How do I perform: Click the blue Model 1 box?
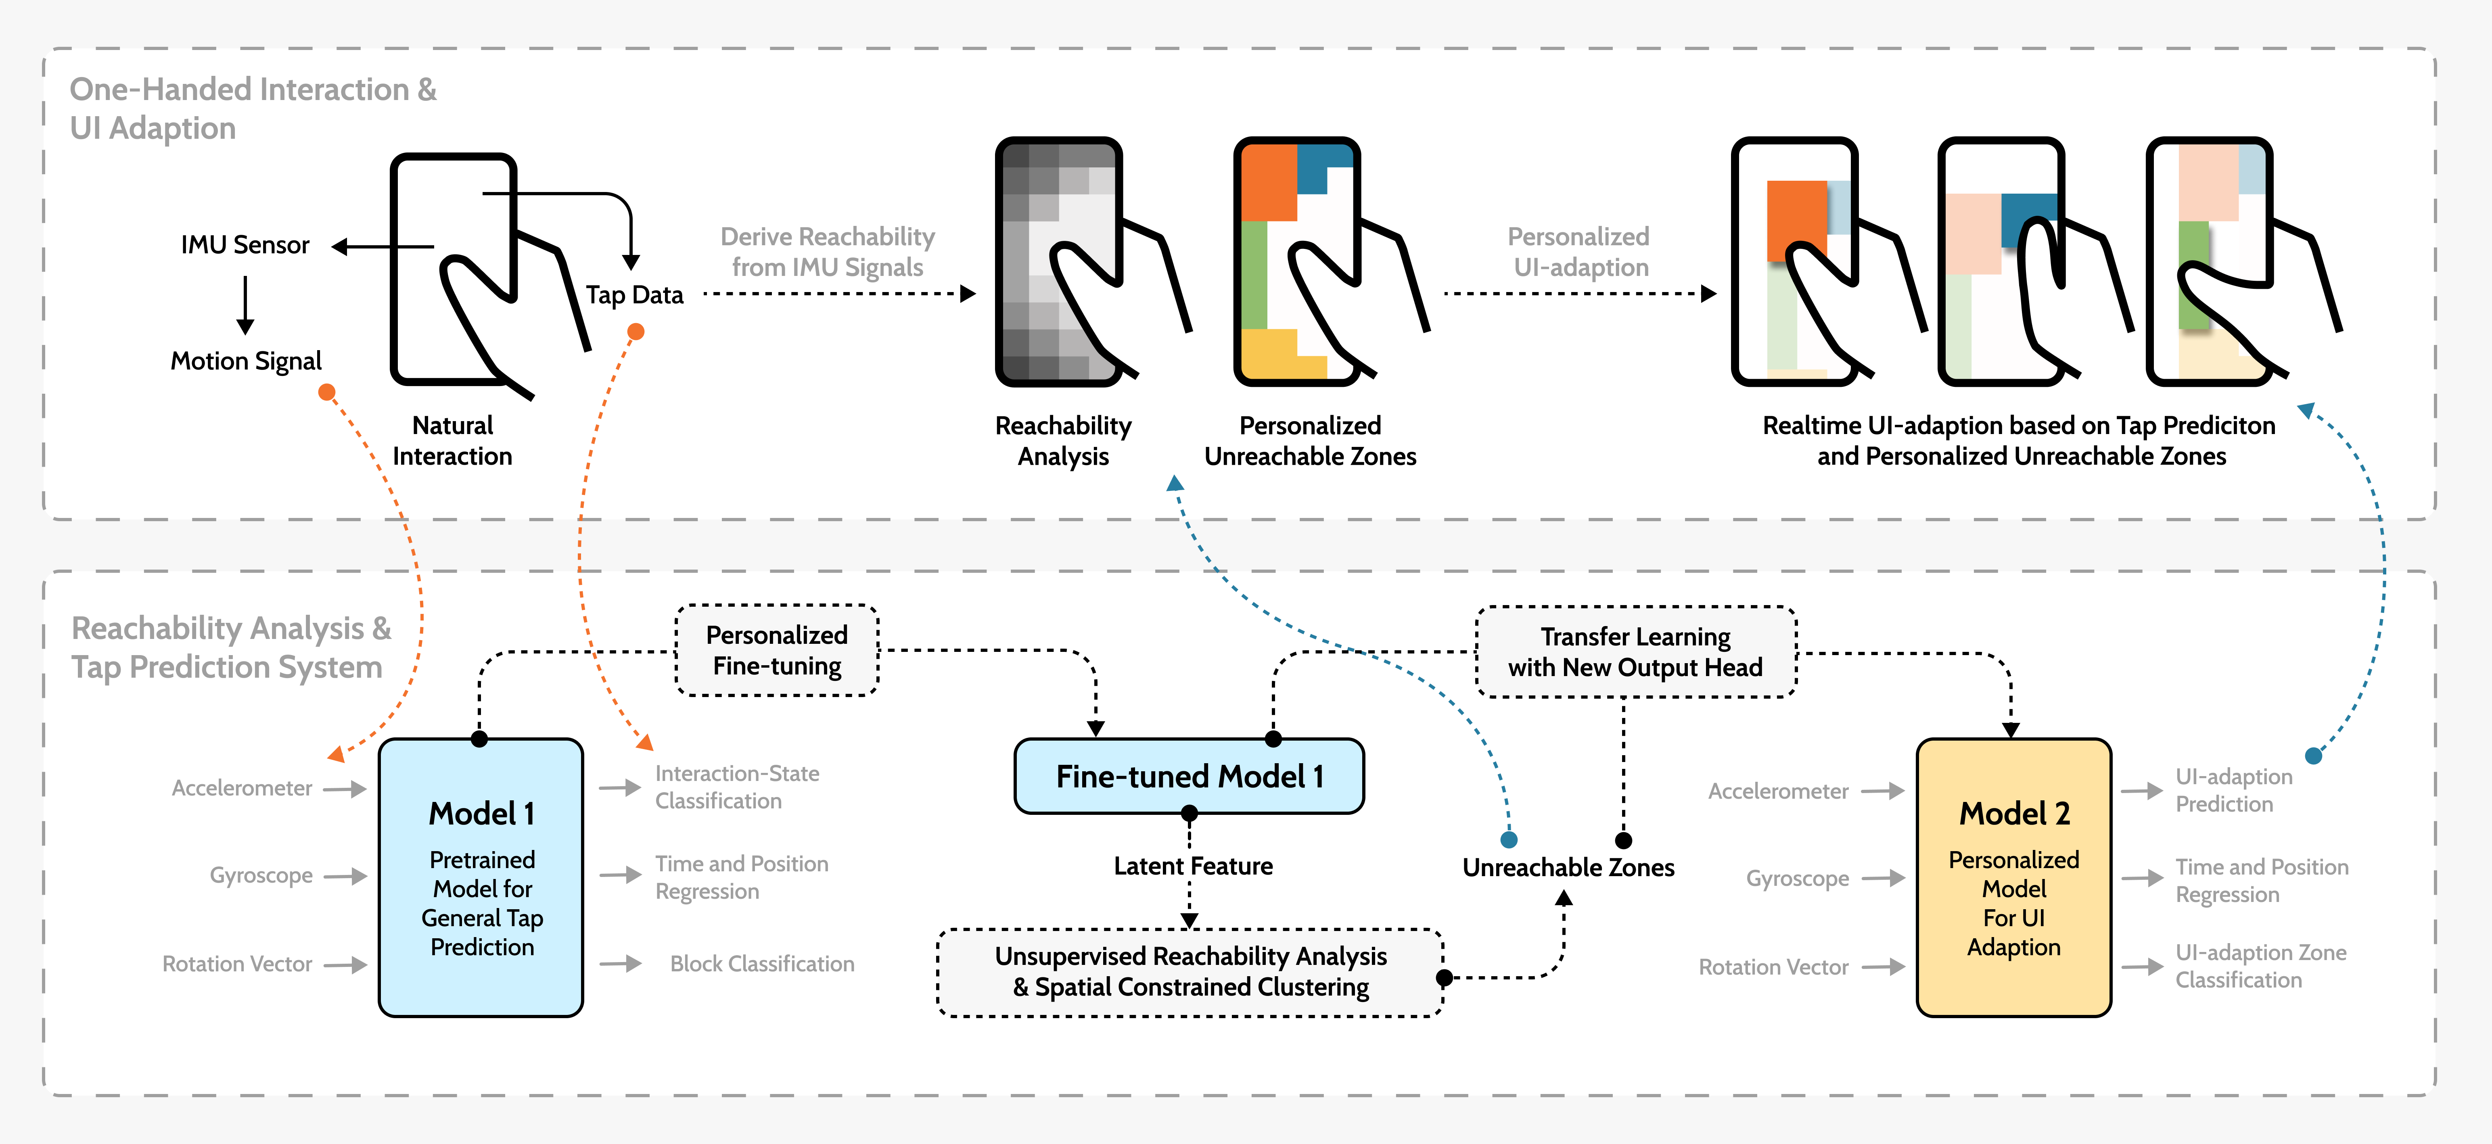tap(481, 877)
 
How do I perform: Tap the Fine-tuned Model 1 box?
tap(1189, 776)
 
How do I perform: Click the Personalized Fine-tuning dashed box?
tap(777, 650)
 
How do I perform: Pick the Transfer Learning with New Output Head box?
tap(1635, 652)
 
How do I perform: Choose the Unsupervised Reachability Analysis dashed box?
tap(1190, 972)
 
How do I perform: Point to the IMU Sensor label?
tap(245, 245)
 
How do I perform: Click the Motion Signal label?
tap(246, 361)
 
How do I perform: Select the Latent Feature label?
tap(1193, 866)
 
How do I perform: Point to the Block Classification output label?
tap(761, 964)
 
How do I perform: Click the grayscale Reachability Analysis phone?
tap(1059, 261)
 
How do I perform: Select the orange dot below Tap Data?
tap(636, 332)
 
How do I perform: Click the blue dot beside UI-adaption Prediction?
tap(2313, 755)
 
